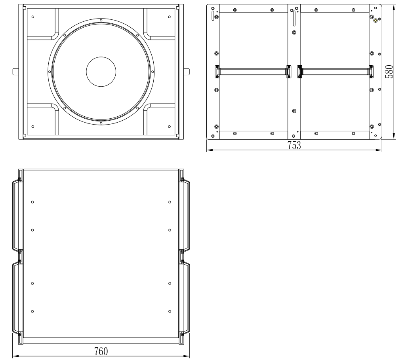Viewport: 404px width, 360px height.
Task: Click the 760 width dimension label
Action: pos(101,352)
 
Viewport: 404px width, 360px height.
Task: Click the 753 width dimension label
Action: pos(294,146)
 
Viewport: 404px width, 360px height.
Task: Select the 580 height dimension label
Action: pos(389,72)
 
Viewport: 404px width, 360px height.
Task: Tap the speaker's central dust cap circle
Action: pos(101,72)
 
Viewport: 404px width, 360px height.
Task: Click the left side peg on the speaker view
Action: pos(16,72)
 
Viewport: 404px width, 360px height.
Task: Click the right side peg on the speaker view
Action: pos(186,72)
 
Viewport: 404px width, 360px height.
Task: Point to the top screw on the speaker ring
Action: pos(101,20)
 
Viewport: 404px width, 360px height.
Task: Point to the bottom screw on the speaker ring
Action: pos(101,123)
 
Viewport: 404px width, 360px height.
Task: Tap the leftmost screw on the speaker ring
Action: pos(50,72)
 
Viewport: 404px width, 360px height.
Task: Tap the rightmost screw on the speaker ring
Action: pos(152,72)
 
